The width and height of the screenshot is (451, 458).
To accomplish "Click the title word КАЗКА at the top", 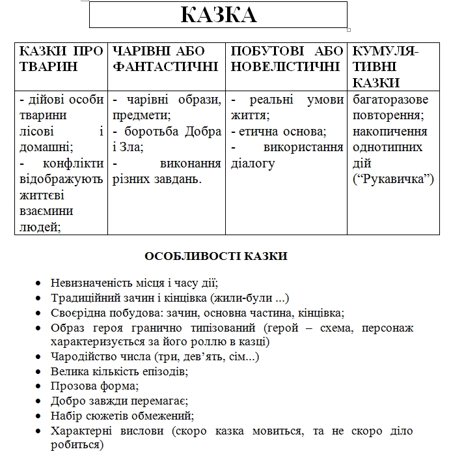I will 219,14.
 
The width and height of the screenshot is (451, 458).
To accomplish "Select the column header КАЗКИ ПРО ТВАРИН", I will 61,59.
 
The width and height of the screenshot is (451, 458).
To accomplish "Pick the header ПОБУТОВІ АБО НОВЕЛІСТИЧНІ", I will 287,59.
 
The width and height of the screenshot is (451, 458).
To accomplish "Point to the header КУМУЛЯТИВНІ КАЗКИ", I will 385,66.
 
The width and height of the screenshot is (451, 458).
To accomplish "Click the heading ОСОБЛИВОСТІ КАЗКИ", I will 215,257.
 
